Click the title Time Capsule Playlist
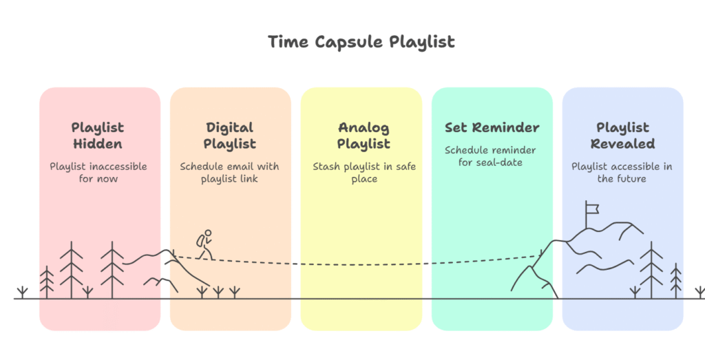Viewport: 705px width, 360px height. tap(361, 42)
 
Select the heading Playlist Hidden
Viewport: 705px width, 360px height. tap(98, 136)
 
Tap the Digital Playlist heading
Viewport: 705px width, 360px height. tap(230, 136)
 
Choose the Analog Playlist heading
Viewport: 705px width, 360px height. tap(364, 136)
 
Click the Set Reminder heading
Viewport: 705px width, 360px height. tap(492, 127)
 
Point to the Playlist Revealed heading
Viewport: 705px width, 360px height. tap(622, 136)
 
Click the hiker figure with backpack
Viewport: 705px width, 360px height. tap(204, 245)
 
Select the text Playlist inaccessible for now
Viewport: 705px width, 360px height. tap(98, 173)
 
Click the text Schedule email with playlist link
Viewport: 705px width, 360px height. tap(230, 173)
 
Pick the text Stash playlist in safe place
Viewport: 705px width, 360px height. tap(364, 173)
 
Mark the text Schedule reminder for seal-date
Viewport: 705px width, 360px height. tap(490, 156)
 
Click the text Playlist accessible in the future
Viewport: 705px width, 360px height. tap(622, 173)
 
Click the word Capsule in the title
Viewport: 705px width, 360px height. tap(349, 42)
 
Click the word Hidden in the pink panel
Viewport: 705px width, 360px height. tap(98, 144)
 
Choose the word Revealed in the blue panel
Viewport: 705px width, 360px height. tap(622, 144)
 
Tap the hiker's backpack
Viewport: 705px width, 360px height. tap(200, 241)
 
